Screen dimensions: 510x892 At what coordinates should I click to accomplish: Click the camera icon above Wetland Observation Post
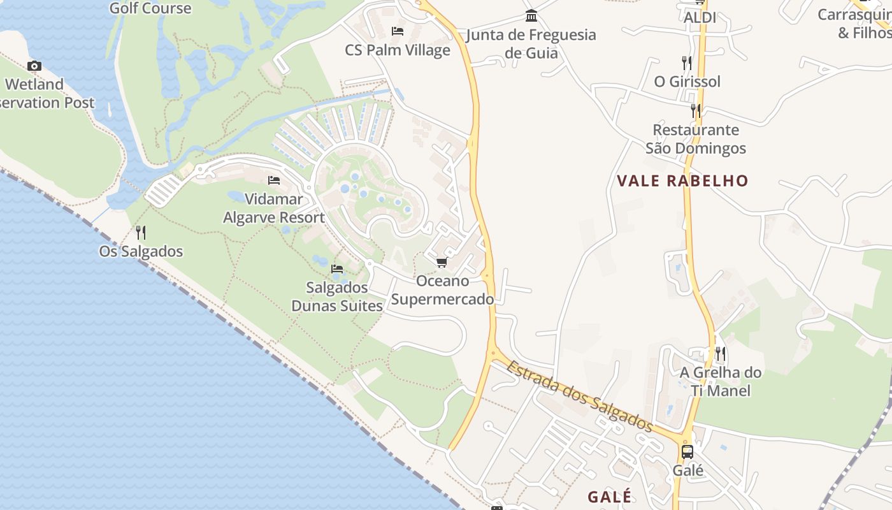34,66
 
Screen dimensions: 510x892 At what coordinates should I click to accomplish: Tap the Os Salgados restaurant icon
141,233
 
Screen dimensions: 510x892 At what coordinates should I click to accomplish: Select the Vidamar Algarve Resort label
274,208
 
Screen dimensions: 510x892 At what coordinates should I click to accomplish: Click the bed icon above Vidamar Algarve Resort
274,180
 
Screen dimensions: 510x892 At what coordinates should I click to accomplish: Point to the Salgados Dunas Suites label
336,296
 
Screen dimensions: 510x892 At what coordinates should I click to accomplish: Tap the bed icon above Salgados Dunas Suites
337,268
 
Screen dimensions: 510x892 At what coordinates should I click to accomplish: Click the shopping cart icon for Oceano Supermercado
442,263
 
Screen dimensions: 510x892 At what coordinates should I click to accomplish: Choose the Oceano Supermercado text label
442,290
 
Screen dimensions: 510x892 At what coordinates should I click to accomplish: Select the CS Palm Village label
398,50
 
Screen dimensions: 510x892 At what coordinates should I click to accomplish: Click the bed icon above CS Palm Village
398,31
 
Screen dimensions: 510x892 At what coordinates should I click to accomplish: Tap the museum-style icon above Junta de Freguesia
531,15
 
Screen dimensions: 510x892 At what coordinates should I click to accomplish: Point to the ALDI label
700,18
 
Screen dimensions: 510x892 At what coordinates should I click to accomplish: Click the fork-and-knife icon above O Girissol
686,62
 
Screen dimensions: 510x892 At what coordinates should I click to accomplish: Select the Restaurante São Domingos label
696,139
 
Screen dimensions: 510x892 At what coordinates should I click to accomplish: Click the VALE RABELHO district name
682,180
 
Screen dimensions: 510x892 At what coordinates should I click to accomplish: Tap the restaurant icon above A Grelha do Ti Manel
721,353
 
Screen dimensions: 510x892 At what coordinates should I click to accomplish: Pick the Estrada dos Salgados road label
580,396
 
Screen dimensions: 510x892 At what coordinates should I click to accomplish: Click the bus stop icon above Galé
687,451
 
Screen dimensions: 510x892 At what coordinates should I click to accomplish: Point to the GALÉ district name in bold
610,497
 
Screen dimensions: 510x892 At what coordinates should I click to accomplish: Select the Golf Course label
150,8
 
